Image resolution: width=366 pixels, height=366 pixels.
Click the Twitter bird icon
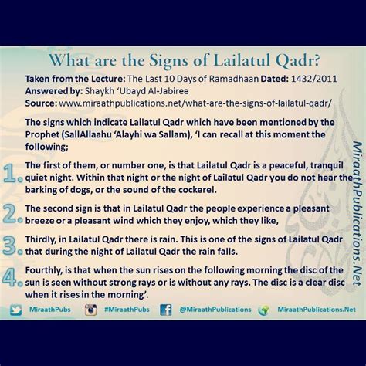[x=16, y=310]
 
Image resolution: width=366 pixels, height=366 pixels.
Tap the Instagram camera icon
[x=91, y=310]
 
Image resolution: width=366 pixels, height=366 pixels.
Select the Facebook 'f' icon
[x=165, y=310]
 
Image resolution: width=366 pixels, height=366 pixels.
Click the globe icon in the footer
[x=263, y=310]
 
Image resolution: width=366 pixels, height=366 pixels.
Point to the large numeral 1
[x=10, y=174]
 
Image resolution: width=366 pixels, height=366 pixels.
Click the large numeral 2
[x=9, y=214]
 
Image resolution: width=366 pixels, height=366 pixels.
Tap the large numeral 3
[x=9, y=246]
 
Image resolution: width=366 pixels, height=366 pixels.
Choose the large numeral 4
[x=9, y=276]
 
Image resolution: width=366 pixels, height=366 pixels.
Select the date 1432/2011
[x=314, y=79]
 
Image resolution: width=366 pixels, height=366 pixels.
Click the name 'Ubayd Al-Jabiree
[x=137, y=91]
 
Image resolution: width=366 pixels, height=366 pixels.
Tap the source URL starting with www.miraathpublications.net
[x=195, y=103]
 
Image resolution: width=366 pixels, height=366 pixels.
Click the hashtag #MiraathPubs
[x=127, y=310]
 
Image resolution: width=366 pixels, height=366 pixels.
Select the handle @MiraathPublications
[x=215, y=310]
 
